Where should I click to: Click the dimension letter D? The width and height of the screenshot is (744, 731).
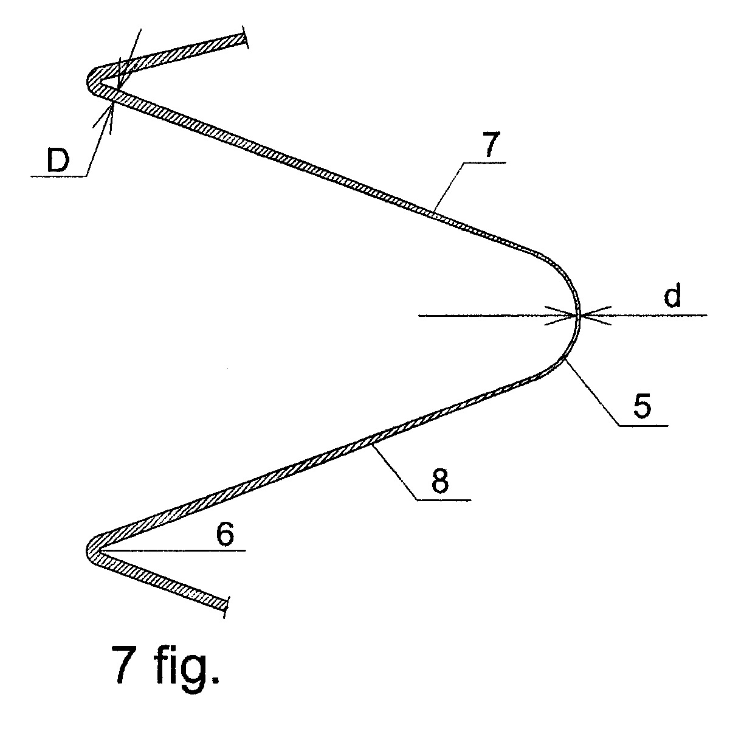(58, 161)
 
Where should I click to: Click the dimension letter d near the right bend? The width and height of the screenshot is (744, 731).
(672, 297)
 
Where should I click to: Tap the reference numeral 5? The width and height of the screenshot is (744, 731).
(642, 406)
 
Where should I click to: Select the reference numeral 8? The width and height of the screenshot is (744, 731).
(439, 482)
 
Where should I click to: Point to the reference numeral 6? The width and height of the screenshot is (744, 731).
(225, 536)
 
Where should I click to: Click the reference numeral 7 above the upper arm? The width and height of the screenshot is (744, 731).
(492, 145)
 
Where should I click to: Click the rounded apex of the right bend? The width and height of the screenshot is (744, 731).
(579, 315)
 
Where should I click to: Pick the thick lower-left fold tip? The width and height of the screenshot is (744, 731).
(92, 550)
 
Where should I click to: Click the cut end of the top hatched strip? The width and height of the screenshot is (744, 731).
(244, 39)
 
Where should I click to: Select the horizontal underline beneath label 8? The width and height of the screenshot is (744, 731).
(444, 501)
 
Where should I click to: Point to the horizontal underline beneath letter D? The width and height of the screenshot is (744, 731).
(58, 176)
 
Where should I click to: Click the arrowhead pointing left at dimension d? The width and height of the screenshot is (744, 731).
(594, 315)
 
